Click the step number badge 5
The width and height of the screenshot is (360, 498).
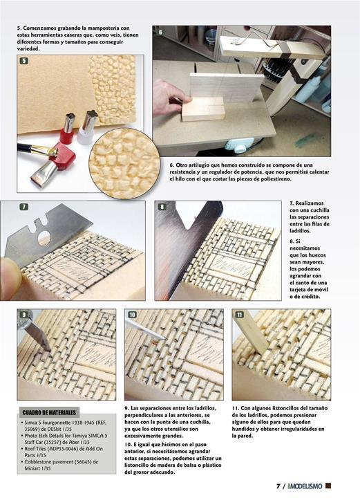[x=23, y=61]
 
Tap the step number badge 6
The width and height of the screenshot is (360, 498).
[x=160, y=32]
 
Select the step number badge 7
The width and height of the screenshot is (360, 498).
[x=23, y=207]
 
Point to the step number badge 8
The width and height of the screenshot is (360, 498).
[x=162, y=207]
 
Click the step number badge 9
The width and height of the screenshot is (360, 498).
[x=23, y=315]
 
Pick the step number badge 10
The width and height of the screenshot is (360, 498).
[x=132, y=315]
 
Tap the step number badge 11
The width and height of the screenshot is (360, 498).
[x=240, y=315]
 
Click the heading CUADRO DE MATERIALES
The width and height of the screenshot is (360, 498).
[x=49, y=412]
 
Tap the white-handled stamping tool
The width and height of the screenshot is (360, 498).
[x=86, y=128]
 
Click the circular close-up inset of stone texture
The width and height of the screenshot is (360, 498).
[x=124, y=163]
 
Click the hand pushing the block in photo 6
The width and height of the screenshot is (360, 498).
[x=170, y=97]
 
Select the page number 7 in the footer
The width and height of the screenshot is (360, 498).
[x=278, y=486]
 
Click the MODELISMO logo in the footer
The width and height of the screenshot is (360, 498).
[x=305, y=486]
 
